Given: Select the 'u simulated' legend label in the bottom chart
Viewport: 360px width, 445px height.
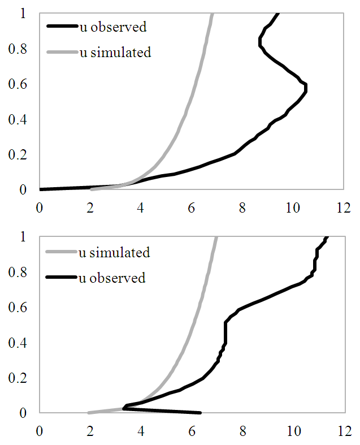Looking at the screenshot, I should click(x=114, y=252).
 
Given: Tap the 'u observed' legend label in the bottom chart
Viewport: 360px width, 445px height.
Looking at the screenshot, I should click(x=112, y=278).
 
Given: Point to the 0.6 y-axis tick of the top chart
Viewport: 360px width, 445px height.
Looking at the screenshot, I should click(x=19, y=84).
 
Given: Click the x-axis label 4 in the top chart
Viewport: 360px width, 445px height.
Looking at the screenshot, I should click(x=141, y=207).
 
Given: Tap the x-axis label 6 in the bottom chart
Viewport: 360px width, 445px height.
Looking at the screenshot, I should click(x=192, y=430).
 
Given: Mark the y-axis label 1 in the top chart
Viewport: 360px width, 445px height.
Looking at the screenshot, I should click(x=23, y=14).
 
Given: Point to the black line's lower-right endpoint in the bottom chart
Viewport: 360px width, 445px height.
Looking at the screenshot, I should click(x=199, y=412).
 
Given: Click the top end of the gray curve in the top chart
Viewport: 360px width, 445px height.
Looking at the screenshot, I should click(x=212, y=14).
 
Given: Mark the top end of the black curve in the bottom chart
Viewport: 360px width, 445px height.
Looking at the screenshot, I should click(x=327, y=237).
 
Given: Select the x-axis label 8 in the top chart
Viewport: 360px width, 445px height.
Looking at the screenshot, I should click(x=242, y=207).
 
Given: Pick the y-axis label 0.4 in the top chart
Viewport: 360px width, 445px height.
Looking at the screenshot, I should click(x=19, y=119).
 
